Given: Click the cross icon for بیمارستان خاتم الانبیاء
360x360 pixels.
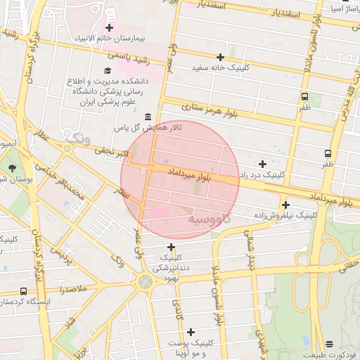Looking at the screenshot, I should [110, 27].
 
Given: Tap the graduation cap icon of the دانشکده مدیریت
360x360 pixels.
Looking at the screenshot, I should [107, 70].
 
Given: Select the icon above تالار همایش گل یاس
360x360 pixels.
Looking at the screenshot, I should [148, 117].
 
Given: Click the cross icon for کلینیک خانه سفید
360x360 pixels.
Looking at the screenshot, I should [221, 57].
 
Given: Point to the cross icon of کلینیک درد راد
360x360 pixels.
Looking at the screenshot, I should [262, 163].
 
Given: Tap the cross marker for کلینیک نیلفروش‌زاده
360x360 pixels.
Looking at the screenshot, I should [285, 205].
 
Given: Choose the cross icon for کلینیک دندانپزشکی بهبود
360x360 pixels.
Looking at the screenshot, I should [172, 247].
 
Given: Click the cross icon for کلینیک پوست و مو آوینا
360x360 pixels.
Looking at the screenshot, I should [191, 331].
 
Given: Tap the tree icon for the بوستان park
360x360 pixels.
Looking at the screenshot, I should [13, 167].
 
